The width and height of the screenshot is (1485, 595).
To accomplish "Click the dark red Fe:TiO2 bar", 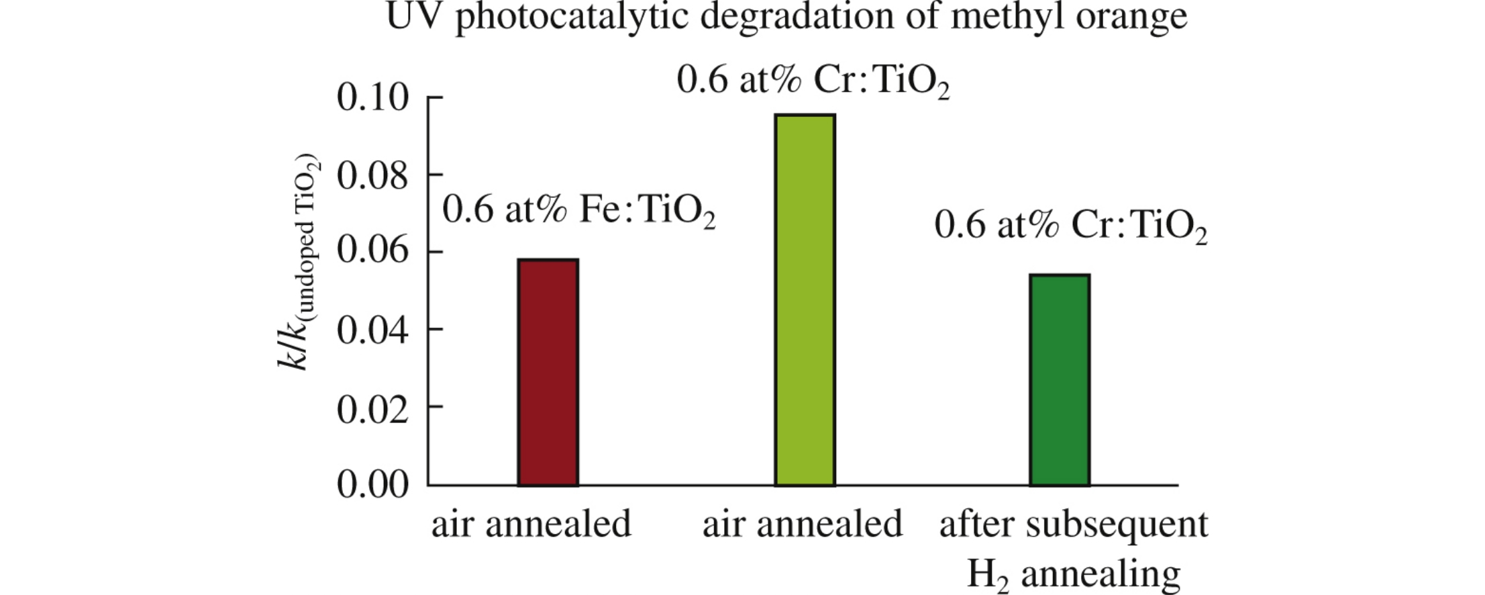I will [548, 372].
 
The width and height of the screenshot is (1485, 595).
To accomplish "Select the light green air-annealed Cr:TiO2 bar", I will [805, 300].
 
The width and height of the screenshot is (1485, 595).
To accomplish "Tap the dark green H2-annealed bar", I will [1060, 380].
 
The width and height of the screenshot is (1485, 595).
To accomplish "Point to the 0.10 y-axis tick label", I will [372, 98].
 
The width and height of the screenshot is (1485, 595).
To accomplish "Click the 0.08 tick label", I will [372, 176].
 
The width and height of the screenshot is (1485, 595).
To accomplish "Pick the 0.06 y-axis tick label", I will [372, 253].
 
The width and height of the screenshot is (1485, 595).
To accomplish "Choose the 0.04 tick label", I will [372, 330].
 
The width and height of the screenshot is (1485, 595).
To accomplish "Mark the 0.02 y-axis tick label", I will [372, 408].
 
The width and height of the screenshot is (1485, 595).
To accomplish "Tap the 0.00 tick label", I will [372, 485].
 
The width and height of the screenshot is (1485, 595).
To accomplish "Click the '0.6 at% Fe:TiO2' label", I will [578, 211].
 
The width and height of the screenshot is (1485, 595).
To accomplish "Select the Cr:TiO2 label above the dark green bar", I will [1070, 226].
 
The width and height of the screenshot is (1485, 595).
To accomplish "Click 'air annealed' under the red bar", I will [531, 524].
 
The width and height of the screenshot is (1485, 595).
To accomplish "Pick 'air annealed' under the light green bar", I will [802, 524].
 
